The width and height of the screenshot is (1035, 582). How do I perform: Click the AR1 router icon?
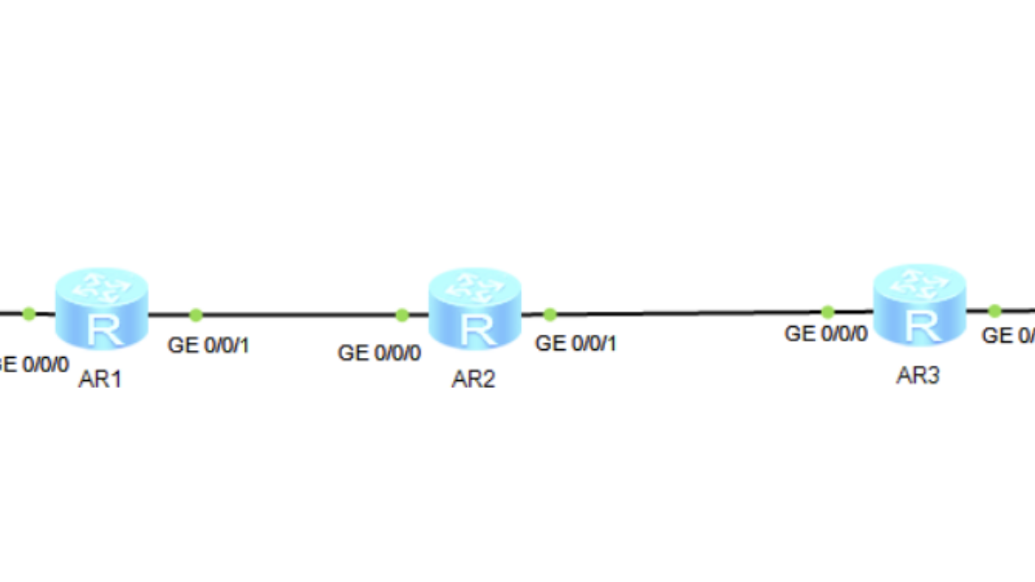[x=101, y=308]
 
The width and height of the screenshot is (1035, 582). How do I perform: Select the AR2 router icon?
[x=474, y=308]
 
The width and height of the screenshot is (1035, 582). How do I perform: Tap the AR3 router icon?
[x=919, y=306]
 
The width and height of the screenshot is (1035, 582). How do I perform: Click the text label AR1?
[x=100, y=380]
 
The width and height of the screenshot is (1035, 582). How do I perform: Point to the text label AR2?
[x=474, y=380]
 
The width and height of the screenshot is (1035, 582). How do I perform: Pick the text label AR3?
[x=918, y=376]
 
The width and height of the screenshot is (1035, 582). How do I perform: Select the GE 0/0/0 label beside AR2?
[x=379, y=353]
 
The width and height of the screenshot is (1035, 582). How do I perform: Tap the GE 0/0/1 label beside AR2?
[x=576, y=343]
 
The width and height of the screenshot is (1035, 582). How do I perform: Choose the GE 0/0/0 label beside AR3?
[x=826, y=334]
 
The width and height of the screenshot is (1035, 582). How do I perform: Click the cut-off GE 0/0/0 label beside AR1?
[x=34, y=364]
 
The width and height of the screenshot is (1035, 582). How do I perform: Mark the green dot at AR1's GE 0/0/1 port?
[x=196, y=315]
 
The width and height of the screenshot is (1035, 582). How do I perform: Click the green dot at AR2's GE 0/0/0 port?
[x=402, y=315]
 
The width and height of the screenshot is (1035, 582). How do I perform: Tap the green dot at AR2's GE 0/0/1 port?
[x=550, y=314]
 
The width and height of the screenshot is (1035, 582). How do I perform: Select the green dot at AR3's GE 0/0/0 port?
[x=827, y=311]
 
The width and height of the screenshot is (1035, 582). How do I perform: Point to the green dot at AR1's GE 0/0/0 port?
[x=28, y=312]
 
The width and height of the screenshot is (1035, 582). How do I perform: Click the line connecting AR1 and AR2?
[x=298, y=315]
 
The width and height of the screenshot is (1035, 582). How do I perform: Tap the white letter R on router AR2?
[x=474, y=329]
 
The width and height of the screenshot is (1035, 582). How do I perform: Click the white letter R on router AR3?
[x=919, y=326]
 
